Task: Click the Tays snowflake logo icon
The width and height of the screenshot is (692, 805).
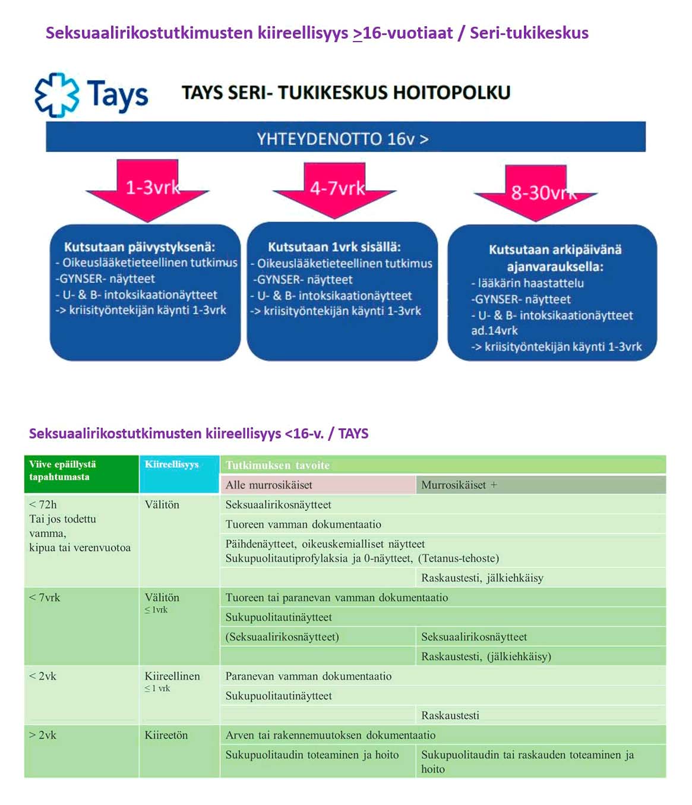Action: click(56, 94)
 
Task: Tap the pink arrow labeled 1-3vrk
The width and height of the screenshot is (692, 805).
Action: click(148, 188)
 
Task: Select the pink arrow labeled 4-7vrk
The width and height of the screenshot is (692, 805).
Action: click(335, 189)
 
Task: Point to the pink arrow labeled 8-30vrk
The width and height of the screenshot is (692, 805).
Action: click(536, 191)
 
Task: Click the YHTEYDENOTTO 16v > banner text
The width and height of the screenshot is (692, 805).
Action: click(343, 138)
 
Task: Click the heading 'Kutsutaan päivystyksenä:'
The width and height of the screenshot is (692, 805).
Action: click(140, 247)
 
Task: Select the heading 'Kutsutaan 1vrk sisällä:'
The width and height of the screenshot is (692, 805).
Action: click(334, 247)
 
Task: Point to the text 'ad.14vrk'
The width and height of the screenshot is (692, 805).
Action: click(494, 330)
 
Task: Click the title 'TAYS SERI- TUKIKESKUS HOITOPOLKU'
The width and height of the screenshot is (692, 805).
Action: click(346, 93)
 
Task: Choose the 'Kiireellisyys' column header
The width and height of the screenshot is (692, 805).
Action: click(172, 465)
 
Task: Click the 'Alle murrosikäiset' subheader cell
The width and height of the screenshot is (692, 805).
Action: click(269, 485)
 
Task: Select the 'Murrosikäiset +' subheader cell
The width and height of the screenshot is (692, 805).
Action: click(459, 485)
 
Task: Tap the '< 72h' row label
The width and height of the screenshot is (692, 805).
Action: click(43, 504)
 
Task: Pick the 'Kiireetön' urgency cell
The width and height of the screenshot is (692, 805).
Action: click(166, 735)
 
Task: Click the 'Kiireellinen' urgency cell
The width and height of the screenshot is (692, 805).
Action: click(172, 676)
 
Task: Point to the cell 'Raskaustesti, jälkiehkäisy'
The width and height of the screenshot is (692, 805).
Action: click(482, 577)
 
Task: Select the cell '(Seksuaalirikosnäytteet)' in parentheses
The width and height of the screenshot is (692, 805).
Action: click(282, 637)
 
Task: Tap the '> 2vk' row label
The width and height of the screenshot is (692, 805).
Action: click(43, 735)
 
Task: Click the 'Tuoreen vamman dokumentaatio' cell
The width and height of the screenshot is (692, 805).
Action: click(304, 524)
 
